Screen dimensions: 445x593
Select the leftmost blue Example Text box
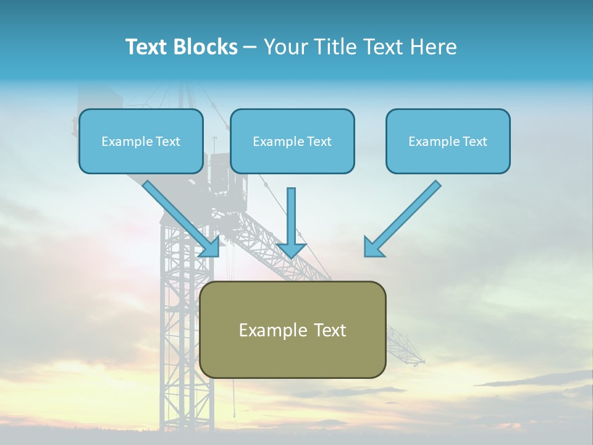141,141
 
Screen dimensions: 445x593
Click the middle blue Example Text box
292,141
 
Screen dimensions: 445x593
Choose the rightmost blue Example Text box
448,141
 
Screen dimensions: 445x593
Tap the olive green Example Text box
292,329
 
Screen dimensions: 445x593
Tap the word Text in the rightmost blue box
474,142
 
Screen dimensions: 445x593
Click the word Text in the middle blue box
319,142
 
